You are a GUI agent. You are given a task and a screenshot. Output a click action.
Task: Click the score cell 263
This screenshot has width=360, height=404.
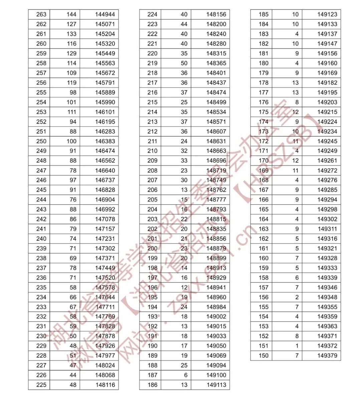pos(41,14)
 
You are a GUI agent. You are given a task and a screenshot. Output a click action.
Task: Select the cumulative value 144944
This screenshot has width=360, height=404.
pos(105,14)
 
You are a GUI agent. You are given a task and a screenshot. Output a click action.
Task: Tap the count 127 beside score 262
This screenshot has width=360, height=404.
pos(71,24)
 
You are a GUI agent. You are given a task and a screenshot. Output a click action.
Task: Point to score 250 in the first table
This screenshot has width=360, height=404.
pos(41,141)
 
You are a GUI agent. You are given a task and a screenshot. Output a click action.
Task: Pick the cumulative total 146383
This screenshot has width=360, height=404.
pos(105,141)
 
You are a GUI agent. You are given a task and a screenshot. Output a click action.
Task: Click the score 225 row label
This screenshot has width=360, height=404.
pos(41,385)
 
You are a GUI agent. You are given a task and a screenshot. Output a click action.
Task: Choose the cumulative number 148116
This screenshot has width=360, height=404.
pos(105,385)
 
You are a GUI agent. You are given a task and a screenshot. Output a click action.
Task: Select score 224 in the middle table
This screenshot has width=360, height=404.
pos(152,14)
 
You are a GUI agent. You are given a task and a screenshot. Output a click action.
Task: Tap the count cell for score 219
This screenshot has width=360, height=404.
pos(184,63)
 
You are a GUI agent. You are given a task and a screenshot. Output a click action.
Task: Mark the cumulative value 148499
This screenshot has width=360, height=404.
pos(216,102)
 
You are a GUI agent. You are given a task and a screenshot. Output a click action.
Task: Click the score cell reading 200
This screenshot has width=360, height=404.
pos(152,248)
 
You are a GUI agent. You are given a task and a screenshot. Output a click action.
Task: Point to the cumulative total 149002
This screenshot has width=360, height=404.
pos(216,317)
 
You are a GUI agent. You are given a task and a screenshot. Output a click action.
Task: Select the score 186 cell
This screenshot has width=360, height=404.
pos(152,385)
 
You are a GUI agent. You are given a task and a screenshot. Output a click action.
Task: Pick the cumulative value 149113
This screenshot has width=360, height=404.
pos(216,385)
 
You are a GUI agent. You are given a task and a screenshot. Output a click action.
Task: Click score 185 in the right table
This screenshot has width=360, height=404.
pos(263,14)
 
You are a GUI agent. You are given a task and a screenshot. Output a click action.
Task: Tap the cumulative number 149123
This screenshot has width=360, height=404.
pos(327,14)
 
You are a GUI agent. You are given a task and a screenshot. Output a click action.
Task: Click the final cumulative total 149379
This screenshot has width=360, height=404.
pos(327,356)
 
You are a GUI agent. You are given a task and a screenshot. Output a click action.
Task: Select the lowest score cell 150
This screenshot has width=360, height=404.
pos(263,356)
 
